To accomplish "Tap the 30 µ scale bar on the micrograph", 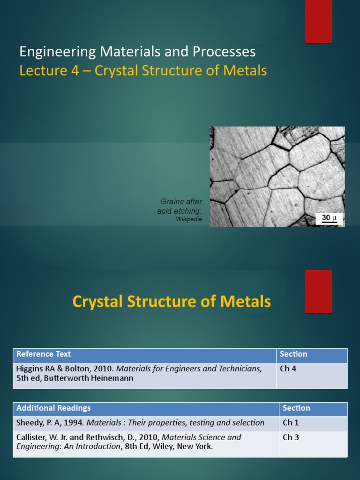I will (329, 218).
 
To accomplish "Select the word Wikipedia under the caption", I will (189, 219).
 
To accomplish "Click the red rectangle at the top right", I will (318, 22).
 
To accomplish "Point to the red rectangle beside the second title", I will (318, 291).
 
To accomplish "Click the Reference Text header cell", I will (144, 355).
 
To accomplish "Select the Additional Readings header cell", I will (146, 408).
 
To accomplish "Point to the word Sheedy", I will (30, 423).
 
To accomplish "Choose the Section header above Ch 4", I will (293, 354).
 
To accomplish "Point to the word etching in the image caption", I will (188, 211).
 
